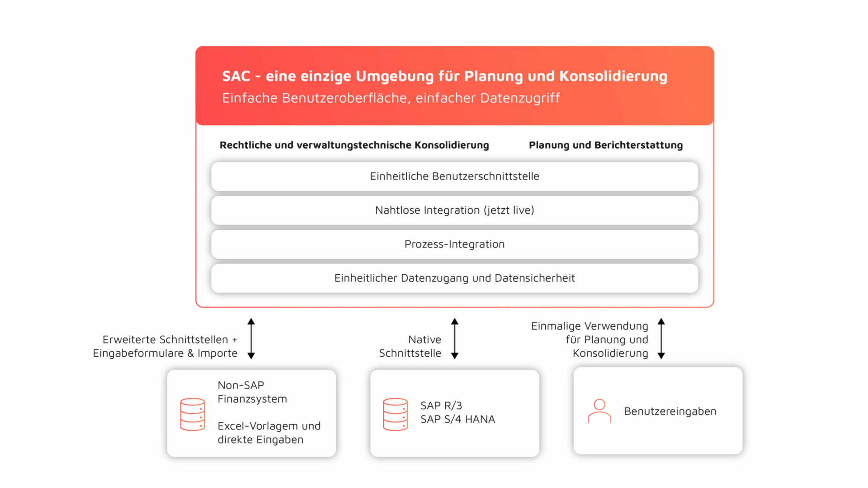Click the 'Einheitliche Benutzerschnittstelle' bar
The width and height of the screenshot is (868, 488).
[x=454, y=176]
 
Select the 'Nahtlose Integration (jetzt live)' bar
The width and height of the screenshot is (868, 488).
[x=454, y=210]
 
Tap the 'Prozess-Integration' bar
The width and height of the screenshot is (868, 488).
[x=454, y=244]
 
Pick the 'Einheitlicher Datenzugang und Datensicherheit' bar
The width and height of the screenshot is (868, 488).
[x=454, y=278]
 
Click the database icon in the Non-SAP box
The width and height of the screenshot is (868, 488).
[x=192, y=414]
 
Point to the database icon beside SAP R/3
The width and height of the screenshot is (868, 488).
[x=395, y=414]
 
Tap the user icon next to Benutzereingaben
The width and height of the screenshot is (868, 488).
[x=599, y=411]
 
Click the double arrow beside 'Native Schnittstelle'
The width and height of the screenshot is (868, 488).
[x=454, y=338]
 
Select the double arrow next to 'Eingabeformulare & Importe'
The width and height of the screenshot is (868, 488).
[x=251, y=338]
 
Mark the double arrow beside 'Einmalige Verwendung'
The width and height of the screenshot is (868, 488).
[x=661, y=338]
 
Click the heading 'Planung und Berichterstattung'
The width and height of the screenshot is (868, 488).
[x=605, y=145]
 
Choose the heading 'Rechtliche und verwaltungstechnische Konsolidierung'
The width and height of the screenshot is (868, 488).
[x=354, y=145]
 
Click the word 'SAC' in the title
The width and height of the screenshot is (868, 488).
[x=236, y=76]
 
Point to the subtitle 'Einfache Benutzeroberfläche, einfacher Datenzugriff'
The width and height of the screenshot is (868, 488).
[x=391, y=98]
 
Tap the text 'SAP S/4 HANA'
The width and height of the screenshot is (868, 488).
[x=457, y=419]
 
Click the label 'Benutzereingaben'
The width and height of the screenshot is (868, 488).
[x=670, y=411]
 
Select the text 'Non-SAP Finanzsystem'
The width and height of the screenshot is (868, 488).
[x=252, y=392]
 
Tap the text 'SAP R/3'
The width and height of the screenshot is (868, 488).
[x=441, y=405]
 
